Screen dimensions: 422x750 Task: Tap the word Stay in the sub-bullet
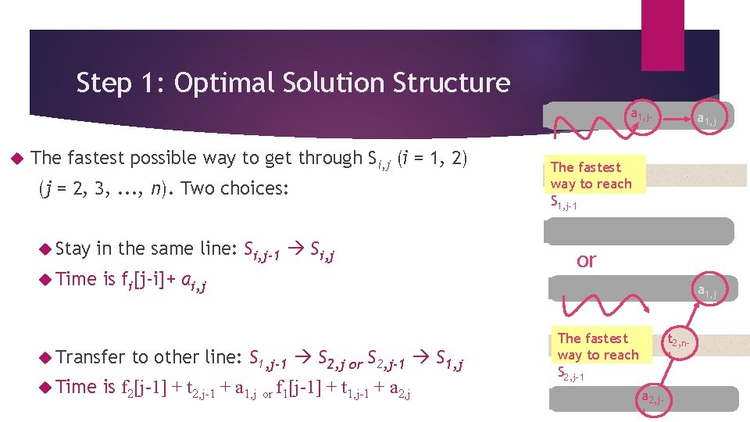click(73, 249)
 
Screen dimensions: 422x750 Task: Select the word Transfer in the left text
click(91, 357)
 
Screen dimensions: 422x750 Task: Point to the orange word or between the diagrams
click(586, 260)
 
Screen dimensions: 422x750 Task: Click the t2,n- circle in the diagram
click(677, 342)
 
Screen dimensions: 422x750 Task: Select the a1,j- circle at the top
click(646, 118)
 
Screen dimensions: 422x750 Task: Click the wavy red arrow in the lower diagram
click(586, 302)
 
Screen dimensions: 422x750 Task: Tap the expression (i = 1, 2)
click(432, 158)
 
